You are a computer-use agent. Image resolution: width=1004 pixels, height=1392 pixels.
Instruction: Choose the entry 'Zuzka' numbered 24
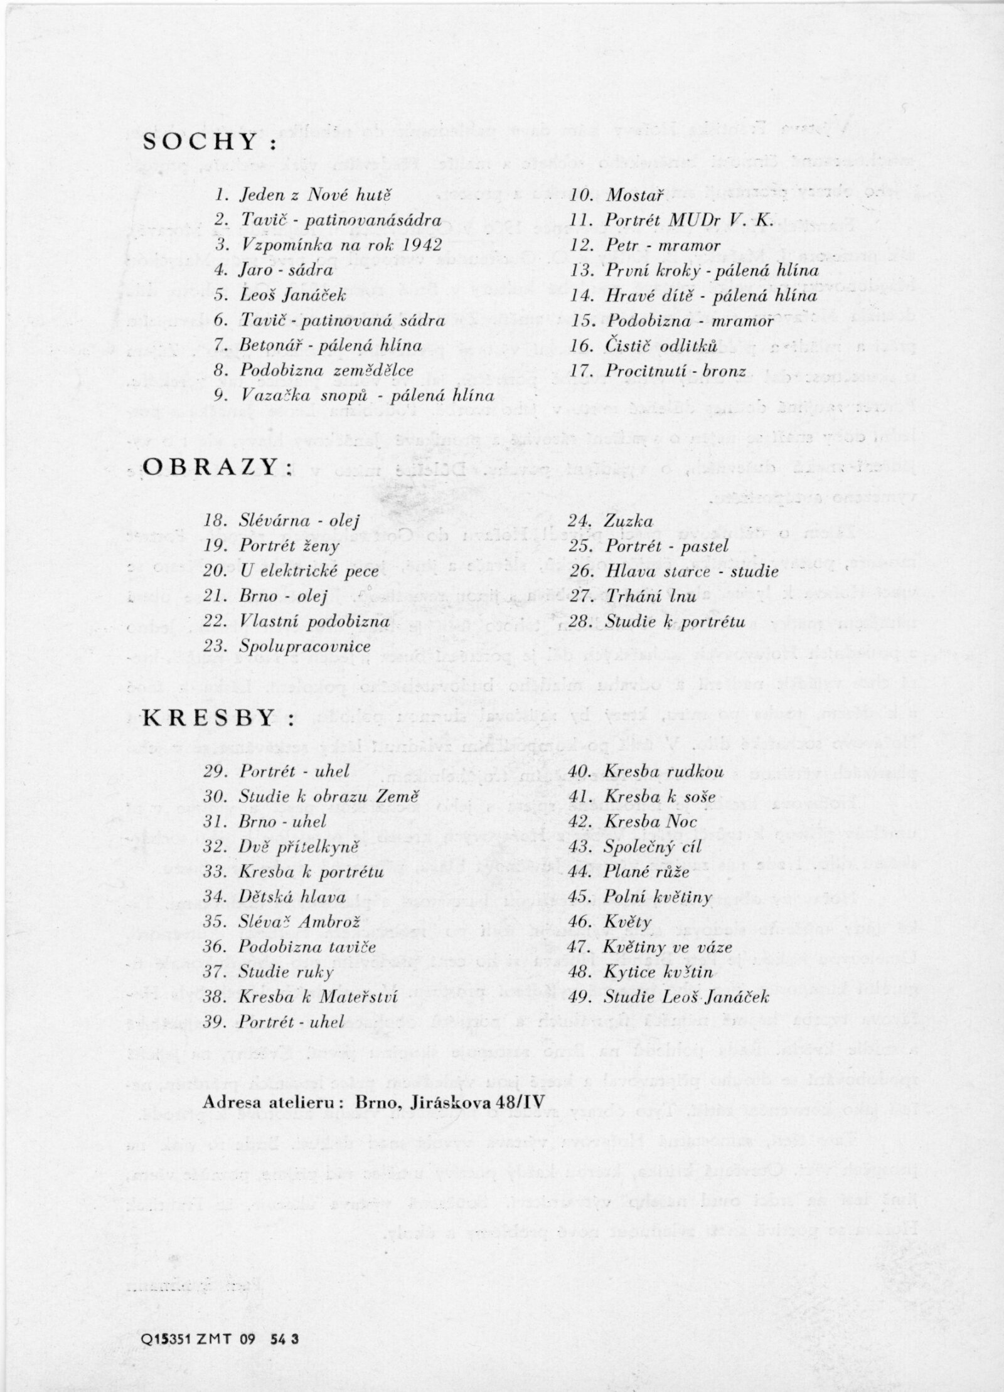[x=629, y=521]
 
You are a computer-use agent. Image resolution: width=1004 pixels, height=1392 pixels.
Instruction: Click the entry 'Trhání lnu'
[x=651, y=597]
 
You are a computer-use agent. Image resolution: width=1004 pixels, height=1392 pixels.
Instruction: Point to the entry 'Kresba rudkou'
[x=665, y=772]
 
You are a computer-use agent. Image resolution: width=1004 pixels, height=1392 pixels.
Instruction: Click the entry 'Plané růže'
[x=647, y=873]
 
